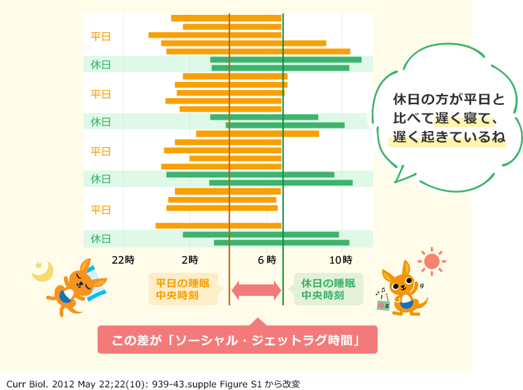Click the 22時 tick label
click(x=123, y=259)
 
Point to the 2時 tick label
click(x=189, y=259)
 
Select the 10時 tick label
click(x=342, y=259)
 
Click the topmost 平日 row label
click(x=101, y=36)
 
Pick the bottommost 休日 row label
click(x=101, y=239)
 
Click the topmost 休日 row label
click(x=101, y=65)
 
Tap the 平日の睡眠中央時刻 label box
click(x=182, y=289)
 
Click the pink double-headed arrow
click(x=256, y=290)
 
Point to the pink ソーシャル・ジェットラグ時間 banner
click(x=238, y=340)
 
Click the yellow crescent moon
click(x=44, y=271)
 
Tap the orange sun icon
click(x=431, y=260)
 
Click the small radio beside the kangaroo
click(x=384, y=303)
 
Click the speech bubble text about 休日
click(x=448, y=118)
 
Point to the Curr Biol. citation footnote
click(x=153, y=384)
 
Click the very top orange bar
click(x=226, y=18)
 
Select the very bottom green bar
click(x=281, y=243)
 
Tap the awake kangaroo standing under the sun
click(x=403, y=289)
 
